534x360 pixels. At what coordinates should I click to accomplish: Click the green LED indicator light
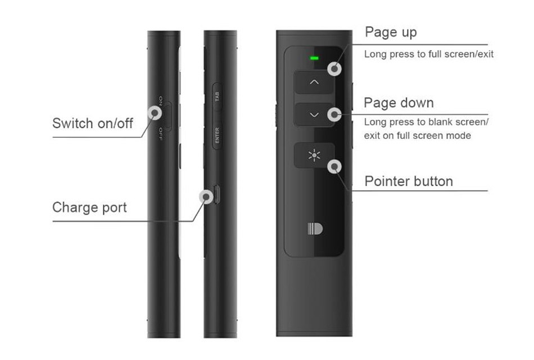(x=314, y=58)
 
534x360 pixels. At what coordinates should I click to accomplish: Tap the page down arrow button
(x=314, y=115)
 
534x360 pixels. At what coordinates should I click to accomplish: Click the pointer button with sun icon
(x=314, y=155)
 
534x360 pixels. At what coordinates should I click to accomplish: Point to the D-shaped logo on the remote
(x=315, y=229)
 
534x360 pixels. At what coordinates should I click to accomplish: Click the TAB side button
(x=218, y=97)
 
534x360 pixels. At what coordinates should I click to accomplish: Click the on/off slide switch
(x=167, y=116)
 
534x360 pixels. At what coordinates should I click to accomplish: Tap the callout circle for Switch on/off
(x=155, y=112)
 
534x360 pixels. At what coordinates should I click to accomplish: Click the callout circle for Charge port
(x=206, y=197)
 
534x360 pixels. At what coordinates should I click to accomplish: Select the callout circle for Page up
(x=334, y=69)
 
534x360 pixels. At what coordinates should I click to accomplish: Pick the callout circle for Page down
(x=334, y=114)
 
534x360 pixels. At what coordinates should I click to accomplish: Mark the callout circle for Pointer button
(x=334, y=166)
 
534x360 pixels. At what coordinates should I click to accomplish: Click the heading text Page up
(x=391, y=33)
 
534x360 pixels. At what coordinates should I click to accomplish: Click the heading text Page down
(x=399, y=102)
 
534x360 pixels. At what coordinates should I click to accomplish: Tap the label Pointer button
(x=409, y=181)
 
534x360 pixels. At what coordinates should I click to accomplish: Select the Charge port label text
(x=89, y=208)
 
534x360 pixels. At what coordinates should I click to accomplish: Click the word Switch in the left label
(x=71, y=123)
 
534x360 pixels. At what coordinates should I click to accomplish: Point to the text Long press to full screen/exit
(x=429, y=54)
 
